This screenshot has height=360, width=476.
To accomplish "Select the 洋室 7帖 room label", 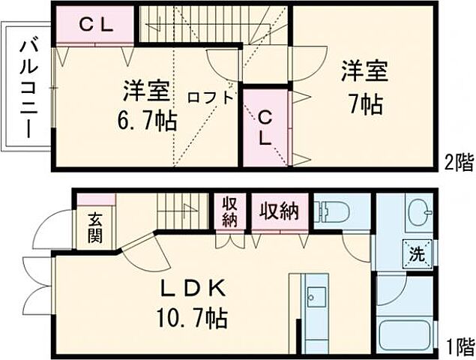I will tap(365, 88).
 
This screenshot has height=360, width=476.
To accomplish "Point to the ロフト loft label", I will tap(210, 96).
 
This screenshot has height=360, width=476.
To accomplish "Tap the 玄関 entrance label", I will tap(96, 229).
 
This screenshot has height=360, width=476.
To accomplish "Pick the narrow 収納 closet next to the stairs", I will tap(229, 212).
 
